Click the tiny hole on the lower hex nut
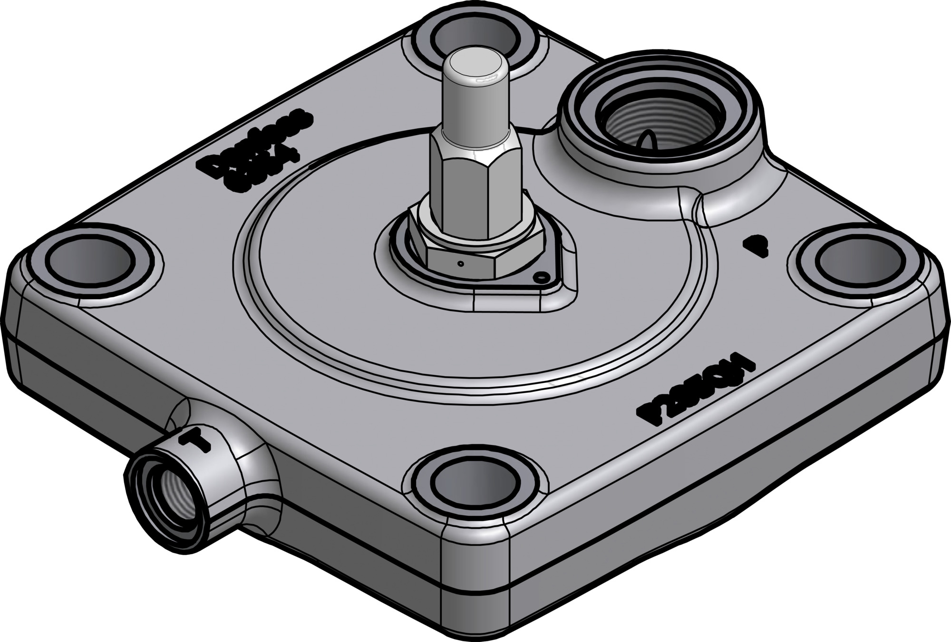click(460, 263)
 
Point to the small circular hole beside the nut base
click(540, 276)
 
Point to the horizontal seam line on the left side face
click(71, 361)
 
